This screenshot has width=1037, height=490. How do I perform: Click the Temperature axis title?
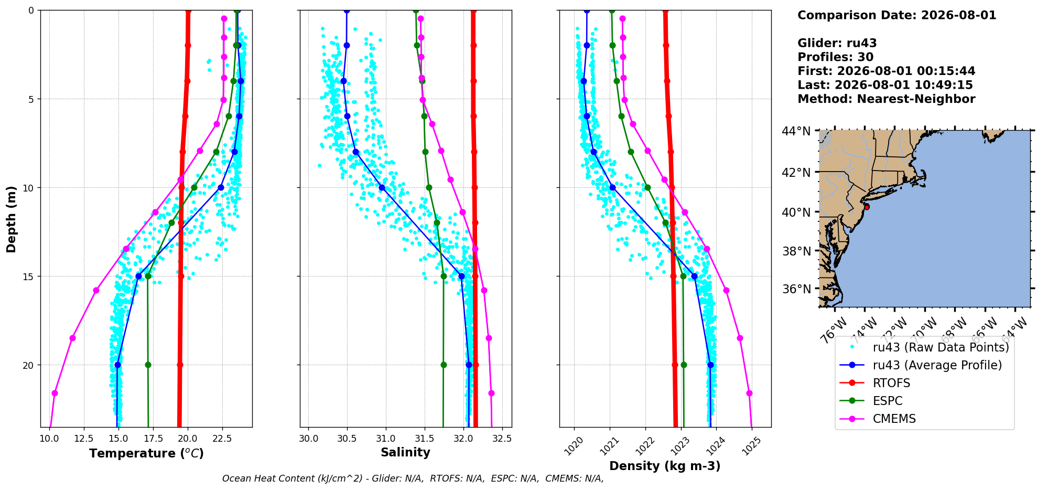(146, 453)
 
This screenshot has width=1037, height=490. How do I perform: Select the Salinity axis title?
(405, 453)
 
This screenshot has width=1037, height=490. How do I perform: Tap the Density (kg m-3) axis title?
(665, 466)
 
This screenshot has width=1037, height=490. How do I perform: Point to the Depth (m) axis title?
(11, 219)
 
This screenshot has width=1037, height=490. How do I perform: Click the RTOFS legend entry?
(891, 383)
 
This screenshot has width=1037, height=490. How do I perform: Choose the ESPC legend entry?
(888, 401)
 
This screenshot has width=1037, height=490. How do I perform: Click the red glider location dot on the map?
(867, 207)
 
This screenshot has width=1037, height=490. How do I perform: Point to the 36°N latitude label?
(796, 289)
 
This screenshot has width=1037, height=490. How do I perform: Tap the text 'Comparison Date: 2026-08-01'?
(897, 15)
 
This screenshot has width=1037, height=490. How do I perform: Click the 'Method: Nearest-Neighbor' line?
(887, 99)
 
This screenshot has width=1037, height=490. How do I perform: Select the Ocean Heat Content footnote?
(413, 478)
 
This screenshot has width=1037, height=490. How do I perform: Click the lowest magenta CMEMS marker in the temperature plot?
(55, 393)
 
